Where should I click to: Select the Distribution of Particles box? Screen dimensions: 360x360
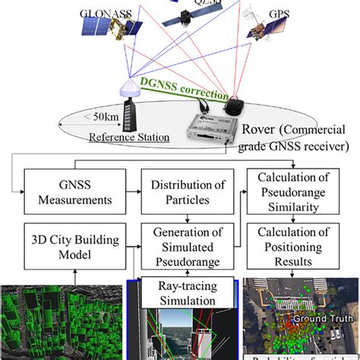(180, 193)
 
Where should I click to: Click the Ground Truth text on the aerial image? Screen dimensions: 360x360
(319, 317)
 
